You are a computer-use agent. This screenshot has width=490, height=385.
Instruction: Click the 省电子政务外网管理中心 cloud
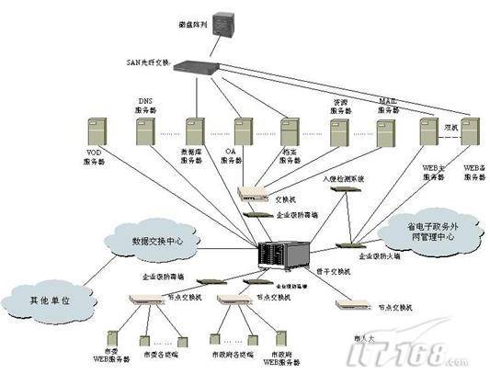[429, 232]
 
